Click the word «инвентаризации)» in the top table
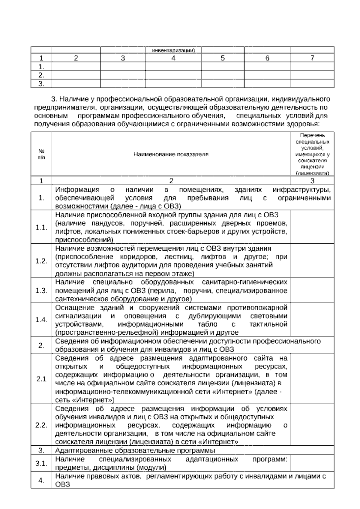(173, 50)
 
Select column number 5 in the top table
(223, 58)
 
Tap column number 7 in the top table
(312, 58)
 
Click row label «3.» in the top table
(41, 84)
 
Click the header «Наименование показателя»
(171, 154)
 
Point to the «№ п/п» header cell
(41, 154)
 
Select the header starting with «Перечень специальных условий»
(312, 154)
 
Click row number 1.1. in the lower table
(41, 227)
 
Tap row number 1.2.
(41, 261)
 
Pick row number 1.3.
(41, 291)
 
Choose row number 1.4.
(41, 320)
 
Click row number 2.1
(41, 379)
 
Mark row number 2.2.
(41, 425)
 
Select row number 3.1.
(41, 463)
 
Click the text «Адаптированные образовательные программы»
(135, 450)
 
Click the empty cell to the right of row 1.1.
(312, 227)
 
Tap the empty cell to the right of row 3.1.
(312, 463)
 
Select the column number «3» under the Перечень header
(312, 181)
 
